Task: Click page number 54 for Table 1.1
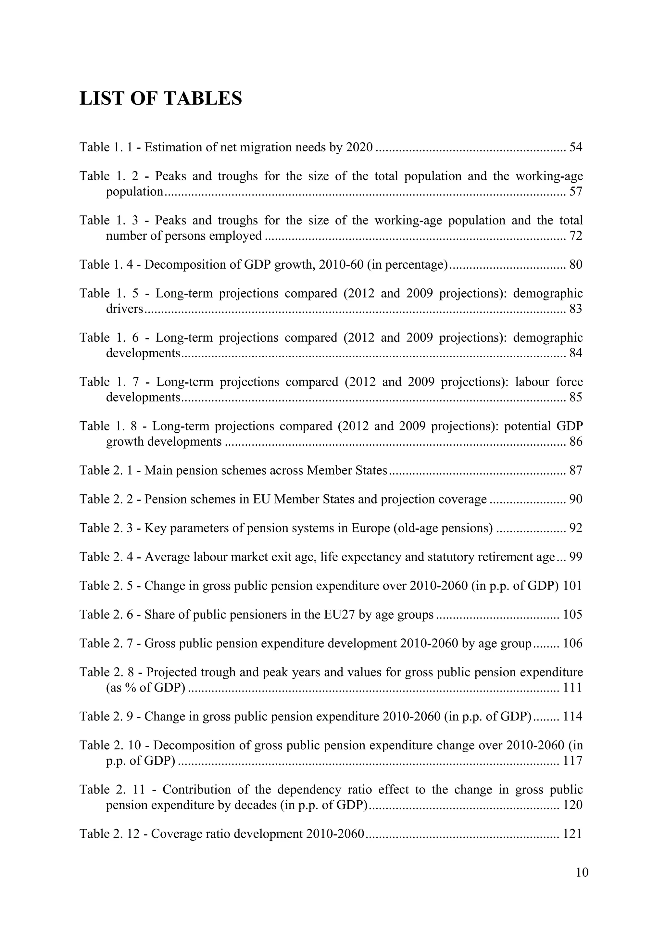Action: pyautogui.click(x=576, y=147)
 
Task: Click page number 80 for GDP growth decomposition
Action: pyautogui.click(x=576, y=265)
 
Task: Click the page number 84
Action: pyautogui.click(x=576, y=353)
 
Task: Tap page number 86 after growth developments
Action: pyautogui.click(x=576, y=442)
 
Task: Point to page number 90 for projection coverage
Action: pyautogui.click(x=576, y=499)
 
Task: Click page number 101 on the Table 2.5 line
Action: pyautogui.click(x=572, y=586)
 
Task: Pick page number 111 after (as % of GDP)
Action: pyautogui.click(x=572, y=687)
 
